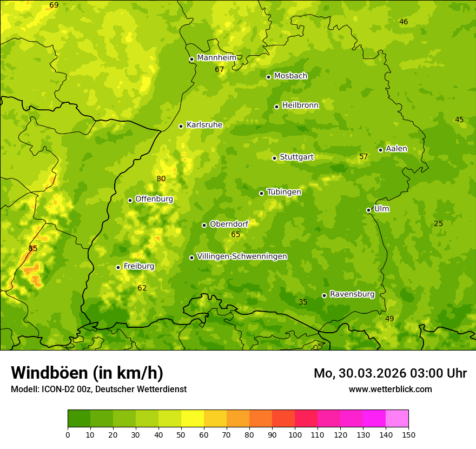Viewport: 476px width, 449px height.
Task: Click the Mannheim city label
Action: point(216,58)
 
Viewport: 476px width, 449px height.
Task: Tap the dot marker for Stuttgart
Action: point(274,158)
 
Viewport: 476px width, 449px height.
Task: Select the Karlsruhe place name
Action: point(204,125)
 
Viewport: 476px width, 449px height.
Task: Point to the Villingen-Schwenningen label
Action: point(242,256)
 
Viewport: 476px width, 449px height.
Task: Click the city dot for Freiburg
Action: point(118,267)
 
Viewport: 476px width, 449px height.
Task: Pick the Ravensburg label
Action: point(352,294)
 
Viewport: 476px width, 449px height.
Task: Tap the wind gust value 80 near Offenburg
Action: point(161,179)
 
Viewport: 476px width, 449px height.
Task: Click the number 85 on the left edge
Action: point(33,249)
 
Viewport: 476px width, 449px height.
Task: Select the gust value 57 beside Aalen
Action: point(363,157)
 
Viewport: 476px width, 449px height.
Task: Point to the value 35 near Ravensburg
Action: point(303,302)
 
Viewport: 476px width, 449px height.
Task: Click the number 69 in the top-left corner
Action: point(54,5)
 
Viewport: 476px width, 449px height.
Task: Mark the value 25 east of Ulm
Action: point(438,224)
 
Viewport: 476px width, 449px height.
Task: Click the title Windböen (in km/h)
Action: point(87,373)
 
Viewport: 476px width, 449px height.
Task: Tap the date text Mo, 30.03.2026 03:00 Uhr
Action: point(390,373)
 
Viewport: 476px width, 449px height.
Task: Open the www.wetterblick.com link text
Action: point(390,389)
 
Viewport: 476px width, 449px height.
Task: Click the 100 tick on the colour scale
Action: point(295,434)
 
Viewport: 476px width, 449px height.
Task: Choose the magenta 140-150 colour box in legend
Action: point(397,419)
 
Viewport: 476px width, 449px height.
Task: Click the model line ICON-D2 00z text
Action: point(98,389)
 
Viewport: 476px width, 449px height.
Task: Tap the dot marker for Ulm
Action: point(368,210)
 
